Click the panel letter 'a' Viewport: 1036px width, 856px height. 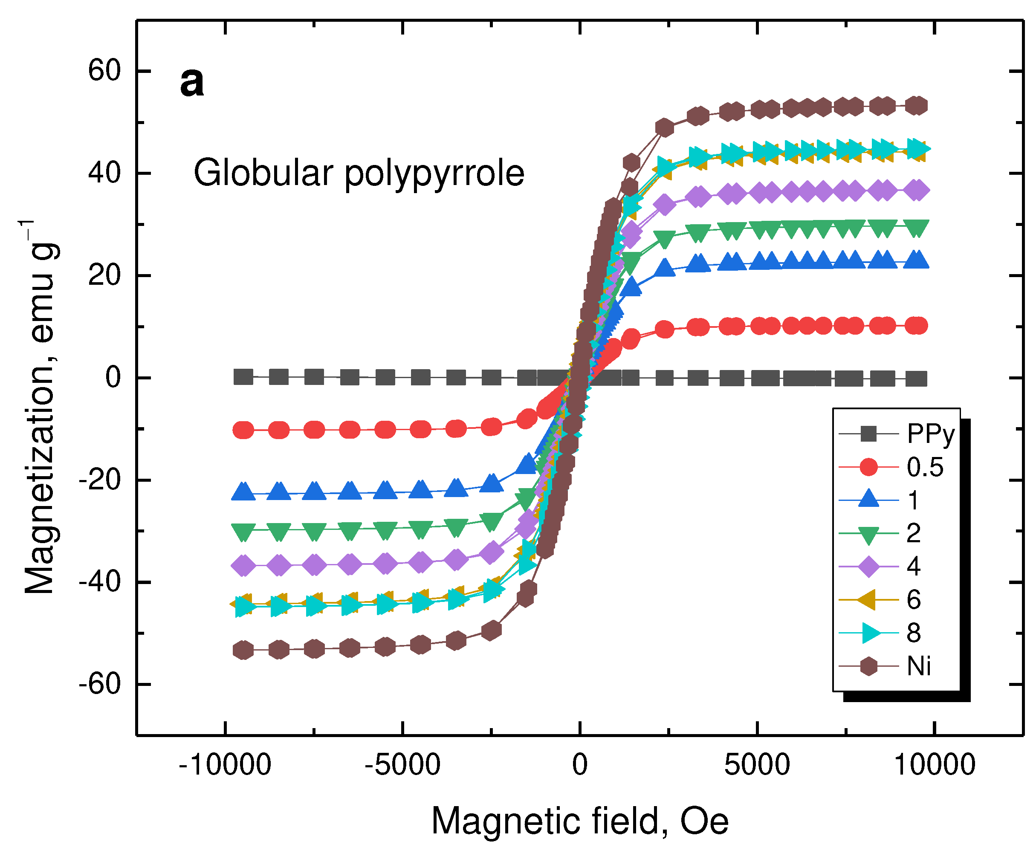tap(191, 82)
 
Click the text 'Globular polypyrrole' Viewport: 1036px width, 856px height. tap(359, 173)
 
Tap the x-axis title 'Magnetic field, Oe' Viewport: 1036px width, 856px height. tap(580, 821)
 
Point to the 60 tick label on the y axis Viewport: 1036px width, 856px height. tap(104, 70)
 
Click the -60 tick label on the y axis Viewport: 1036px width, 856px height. tap(100, 684)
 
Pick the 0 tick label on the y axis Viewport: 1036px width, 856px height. tap(113, 377)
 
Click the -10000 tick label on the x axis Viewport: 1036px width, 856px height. tap(225, 765)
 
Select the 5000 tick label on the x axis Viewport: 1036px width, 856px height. tap(757, 765)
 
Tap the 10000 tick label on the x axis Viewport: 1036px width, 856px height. tap(935, 765)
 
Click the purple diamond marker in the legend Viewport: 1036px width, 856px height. tap(868, 567)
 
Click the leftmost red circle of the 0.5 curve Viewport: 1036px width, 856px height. tap(243, 430)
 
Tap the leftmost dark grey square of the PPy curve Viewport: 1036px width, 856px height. tap(243, 377)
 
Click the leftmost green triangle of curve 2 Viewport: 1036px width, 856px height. tap(243, 532)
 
